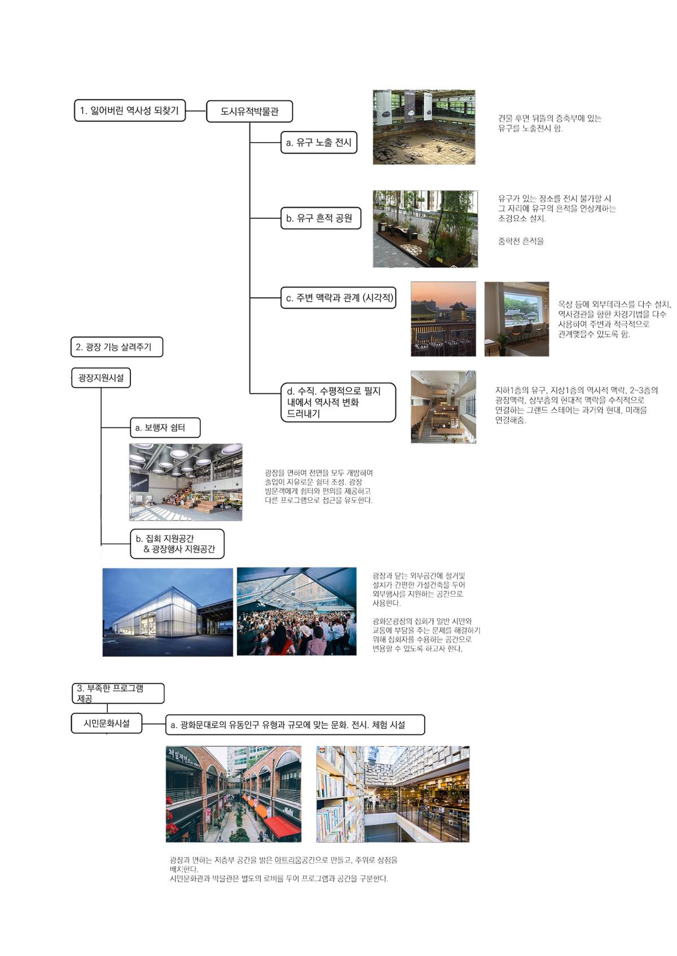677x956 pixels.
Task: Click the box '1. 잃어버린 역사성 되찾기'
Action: click(130, 111)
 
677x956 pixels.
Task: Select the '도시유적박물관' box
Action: click(250, 111)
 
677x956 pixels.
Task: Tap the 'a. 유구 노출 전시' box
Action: click(319, 143)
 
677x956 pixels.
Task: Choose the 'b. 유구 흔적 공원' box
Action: click(320, 218)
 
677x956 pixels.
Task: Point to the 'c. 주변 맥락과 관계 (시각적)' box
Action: click(338, 298)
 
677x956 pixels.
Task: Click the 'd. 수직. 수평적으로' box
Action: click(338, 402)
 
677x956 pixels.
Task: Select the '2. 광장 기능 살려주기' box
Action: click(117, 347)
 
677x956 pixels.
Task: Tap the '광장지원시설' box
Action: click(101, 378)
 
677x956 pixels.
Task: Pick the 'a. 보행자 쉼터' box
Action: click(165, 428)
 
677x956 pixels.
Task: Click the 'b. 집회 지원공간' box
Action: click(177, 544)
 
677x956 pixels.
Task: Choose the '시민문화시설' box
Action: click(106, 723)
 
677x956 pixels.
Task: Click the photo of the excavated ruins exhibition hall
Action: click(424, 127)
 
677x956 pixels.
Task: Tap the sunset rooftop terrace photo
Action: click(443, 319)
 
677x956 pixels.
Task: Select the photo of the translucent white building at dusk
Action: click(168, 612)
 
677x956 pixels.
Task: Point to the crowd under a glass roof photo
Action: click(296, 611)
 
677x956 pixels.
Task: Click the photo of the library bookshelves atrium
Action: click(393, 794)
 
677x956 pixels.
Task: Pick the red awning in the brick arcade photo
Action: click(282, 826)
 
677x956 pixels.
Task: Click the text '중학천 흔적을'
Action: click(521, 241)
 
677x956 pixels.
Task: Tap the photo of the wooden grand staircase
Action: click(443, 407)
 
